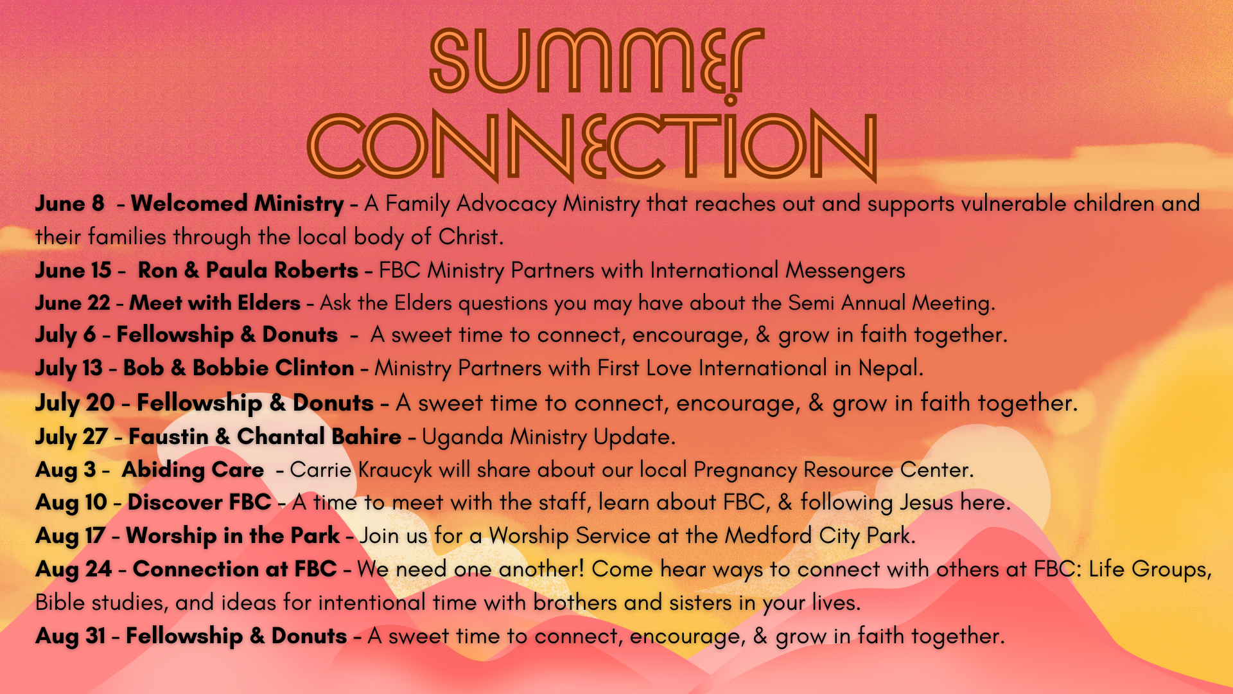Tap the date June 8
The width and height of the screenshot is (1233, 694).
[x=69, y=204]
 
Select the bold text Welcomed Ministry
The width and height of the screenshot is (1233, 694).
[x=238, y=204]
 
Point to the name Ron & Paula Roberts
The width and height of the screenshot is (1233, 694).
[x=248, y=271]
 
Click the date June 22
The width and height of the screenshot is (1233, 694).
[x=73, y=303]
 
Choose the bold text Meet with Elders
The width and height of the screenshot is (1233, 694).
[x=215, y=303]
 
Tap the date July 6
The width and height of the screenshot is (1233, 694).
[x=66, y=335]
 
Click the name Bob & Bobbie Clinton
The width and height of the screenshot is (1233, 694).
[x=238, y=368]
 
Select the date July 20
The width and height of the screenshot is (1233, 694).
[x=74, y=404]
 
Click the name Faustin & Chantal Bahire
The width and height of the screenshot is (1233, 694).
[x=265, y=437]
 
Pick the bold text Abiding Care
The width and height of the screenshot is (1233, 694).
[x=193, y=470]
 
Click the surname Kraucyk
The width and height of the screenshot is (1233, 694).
[x=396, y=470]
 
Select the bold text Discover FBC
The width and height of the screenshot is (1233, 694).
[x=199, y=503]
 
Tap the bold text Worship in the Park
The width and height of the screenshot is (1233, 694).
[x=232, y=536]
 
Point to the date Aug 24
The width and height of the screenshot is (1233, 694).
[x=73, y=570]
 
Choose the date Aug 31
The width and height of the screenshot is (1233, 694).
[x=71, y=637]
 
